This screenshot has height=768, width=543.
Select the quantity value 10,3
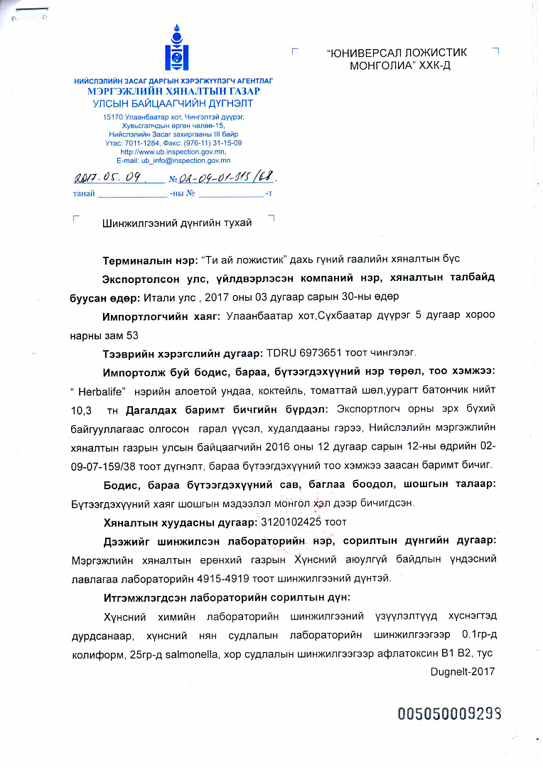tap(82, 410)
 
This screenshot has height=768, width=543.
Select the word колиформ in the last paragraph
tap(97, 652)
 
